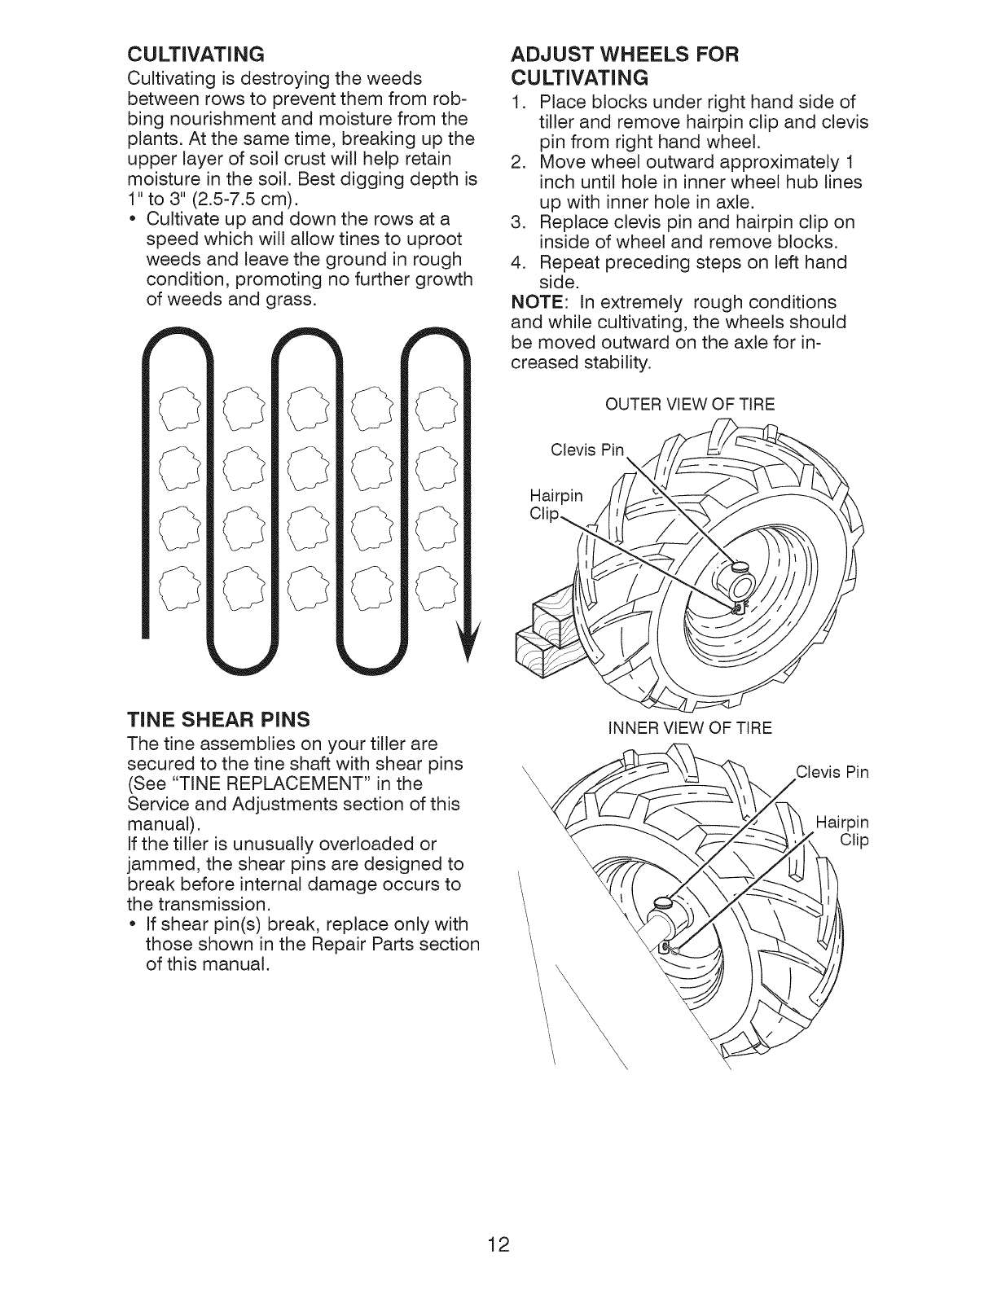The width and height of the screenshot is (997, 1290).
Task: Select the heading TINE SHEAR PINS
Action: point(218,719)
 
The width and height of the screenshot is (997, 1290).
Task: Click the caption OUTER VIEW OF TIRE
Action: point(688,405)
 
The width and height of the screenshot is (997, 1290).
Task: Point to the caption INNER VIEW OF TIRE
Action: point(688,727)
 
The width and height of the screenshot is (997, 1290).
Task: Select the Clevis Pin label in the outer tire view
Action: point(586,450)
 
